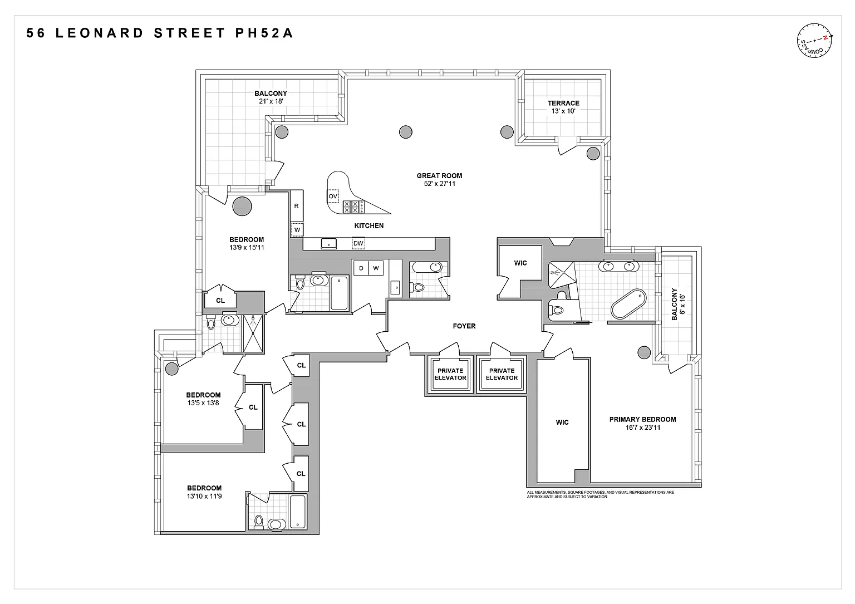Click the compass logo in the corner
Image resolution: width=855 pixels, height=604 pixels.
point(814,41)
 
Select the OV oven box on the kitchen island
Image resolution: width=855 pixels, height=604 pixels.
point(333,197)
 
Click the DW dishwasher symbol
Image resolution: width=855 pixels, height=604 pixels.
point(358,243)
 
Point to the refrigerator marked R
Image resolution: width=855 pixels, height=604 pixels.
point(297,206)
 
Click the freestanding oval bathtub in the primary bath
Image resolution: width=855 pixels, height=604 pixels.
point(628,304)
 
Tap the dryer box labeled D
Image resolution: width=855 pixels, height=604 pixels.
point(361,268)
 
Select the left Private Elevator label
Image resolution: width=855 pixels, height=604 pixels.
point(450,374)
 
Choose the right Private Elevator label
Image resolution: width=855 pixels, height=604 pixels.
point(502,374)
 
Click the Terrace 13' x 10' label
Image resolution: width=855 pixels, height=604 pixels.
point(563,107)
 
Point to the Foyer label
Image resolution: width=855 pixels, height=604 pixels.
point(464,326)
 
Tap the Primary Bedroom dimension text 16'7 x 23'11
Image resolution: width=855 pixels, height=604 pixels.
point(643,428)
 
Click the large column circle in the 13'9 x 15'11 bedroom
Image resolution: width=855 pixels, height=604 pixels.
point(242,207)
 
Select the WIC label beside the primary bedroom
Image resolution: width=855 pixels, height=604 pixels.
point(562,423)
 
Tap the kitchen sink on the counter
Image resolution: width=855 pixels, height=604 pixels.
point(328,243)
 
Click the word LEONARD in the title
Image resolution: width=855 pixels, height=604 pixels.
point(99,33)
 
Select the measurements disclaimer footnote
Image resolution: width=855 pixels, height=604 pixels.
point(601,494)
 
